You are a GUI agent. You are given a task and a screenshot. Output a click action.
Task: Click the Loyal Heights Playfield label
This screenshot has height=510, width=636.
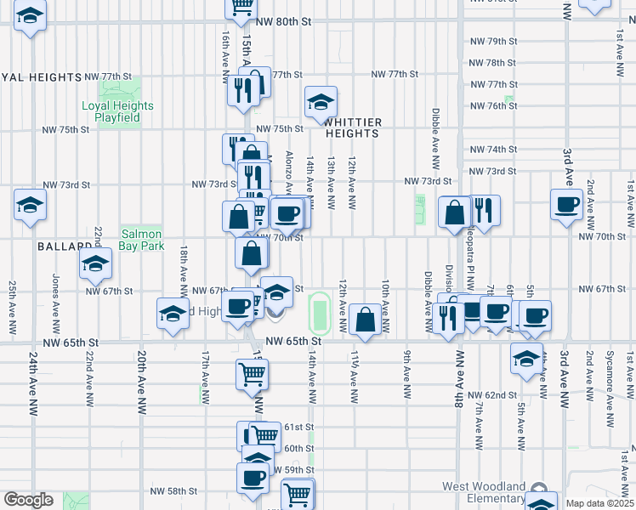117,112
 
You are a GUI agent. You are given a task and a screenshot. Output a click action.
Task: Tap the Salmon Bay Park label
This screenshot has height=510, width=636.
141,240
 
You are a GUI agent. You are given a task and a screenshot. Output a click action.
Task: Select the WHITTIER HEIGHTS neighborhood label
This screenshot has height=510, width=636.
351,127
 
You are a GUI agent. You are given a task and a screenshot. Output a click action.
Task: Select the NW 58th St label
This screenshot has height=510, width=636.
173,491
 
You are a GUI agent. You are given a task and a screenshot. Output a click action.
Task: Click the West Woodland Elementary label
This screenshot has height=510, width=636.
482,492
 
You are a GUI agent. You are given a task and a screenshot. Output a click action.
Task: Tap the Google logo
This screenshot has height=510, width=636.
28,500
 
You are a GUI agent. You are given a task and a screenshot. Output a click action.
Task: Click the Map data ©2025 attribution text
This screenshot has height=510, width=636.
599,503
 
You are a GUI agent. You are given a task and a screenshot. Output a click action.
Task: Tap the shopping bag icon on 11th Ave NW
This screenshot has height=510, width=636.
365,321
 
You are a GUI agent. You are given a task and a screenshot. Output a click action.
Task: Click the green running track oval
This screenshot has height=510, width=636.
320,313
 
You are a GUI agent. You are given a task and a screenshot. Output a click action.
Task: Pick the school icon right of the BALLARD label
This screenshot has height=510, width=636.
95,265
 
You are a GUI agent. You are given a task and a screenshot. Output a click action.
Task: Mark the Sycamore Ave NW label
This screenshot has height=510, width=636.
609,375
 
